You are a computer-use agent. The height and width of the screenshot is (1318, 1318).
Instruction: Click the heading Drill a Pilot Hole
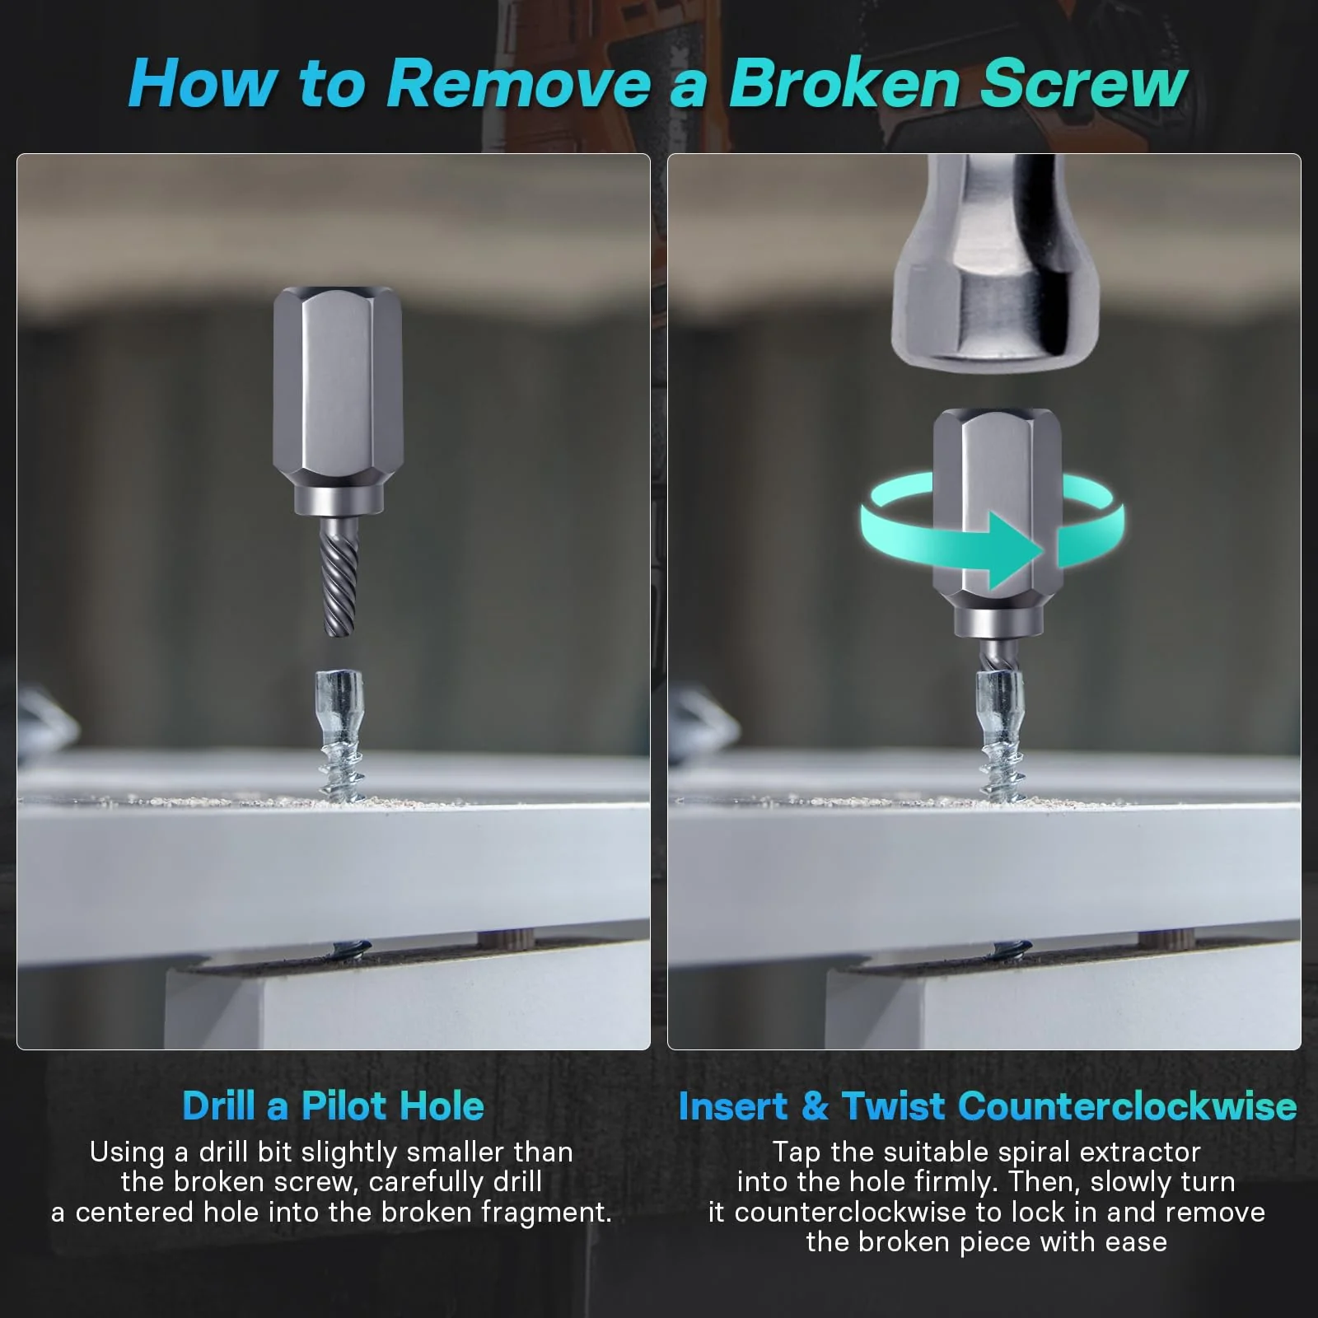tap(333, 1105)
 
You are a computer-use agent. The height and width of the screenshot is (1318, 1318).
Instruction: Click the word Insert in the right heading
tap(733, 1105)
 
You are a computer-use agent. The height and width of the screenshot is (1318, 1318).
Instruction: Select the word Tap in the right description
tap(796, 1152)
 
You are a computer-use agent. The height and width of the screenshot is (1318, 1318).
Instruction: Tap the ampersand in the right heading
tap(815, 1105)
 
